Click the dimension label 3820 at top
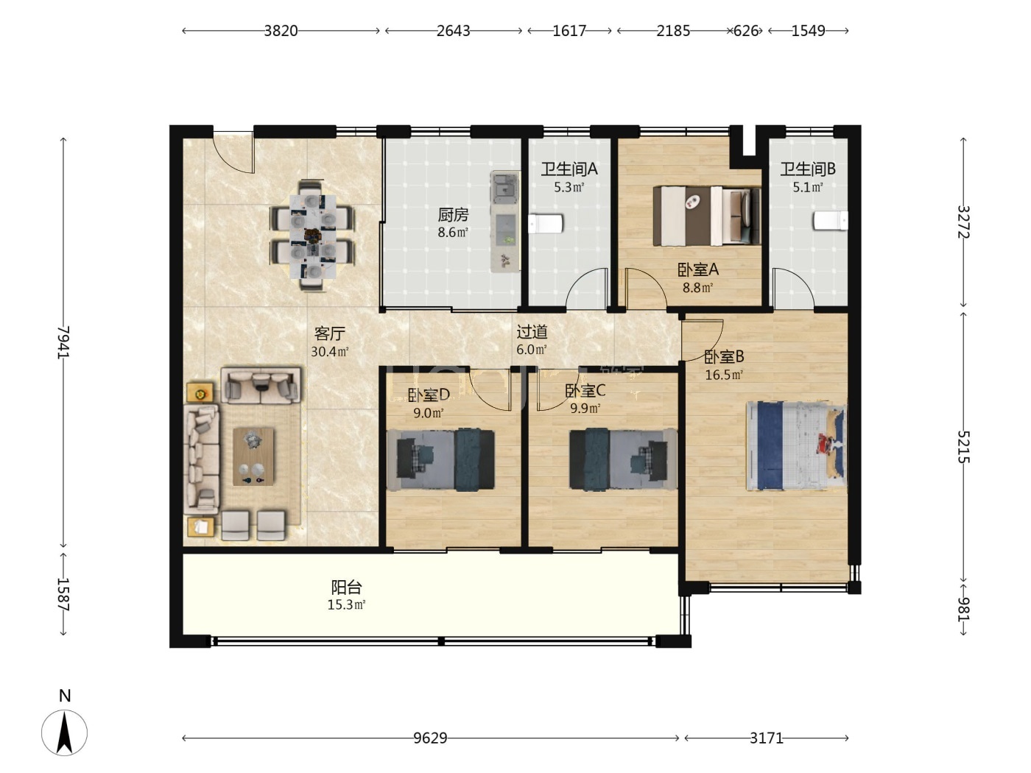pyautogui.click(x=281, y=31)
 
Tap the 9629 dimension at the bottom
pyautogui.click(x=430, y=738)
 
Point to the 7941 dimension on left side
pyautogui.click(x=63, y=342)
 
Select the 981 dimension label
pyautogui.click(x=963, y=610)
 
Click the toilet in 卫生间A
pyautogui.click(x=546, y=224)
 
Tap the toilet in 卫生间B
pyautogui.click(x=831, y=221)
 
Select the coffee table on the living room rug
pyautogui.click(x=253, y=456)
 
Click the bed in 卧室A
pyautogui.click(x=706, y=216)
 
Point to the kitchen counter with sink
pyautogui.click(x=505, y=221)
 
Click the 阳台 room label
pyautogui.click(x=347, y=587)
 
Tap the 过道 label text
pyautogui.click(x=532, y=332)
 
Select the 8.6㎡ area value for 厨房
pyautogui.click(x=453, y=233)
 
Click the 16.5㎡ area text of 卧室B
pyautogui.click(x=724, y=375)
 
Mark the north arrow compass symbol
pyautogui.click(x=64, y=733)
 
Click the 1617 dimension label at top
pyautogui.click(x=569, y=31)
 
